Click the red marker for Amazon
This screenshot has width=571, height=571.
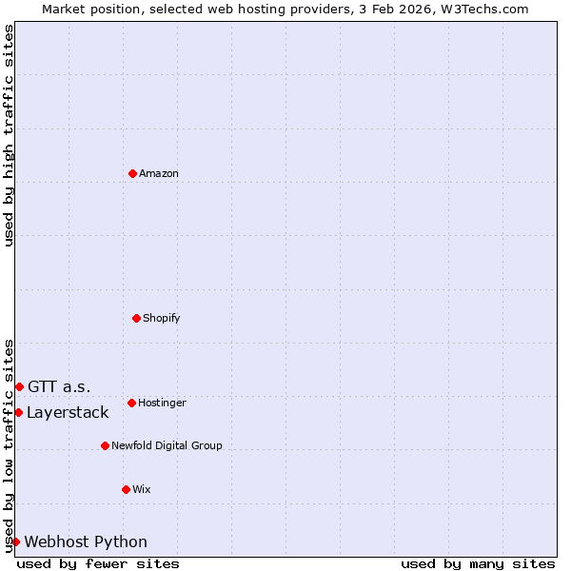click(x=133, y=173)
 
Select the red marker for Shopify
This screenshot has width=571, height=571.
click(x=136, y=318)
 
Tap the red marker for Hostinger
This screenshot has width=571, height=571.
click(x=131, y=403)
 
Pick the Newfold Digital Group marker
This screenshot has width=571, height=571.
click(x=105, y=445)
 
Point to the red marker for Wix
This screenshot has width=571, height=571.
click(x=126, y=489)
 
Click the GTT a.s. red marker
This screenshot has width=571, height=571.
click(x=19, y=386)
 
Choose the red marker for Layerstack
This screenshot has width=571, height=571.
click(x=18, y=412)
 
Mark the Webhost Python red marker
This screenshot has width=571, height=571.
click(x=15, y=541)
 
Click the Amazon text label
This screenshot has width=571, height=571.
click(x=159, y=173)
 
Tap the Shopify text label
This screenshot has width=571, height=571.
click(x=162, y=318)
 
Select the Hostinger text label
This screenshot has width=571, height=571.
click(x=162, y=403)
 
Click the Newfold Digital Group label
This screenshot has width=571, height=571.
click(x=167, y=445)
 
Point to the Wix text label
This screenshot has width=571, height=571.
click(x=142, y=489)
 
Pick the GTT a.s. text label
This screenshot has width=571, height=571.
click(x=59, y=386)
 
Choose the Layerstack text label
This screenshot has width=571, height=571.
click(x=68, y=412)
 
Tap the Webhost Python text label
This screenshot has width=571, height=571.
click(x=86, y=541)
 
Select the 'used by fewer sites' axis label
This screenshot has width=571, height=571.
click(x=98, y=563)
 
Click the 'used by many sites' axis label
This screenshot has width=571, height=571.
click(x=478, y=563)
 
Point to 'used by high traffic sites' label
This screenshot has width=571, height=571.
click(x=9, y=135)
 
